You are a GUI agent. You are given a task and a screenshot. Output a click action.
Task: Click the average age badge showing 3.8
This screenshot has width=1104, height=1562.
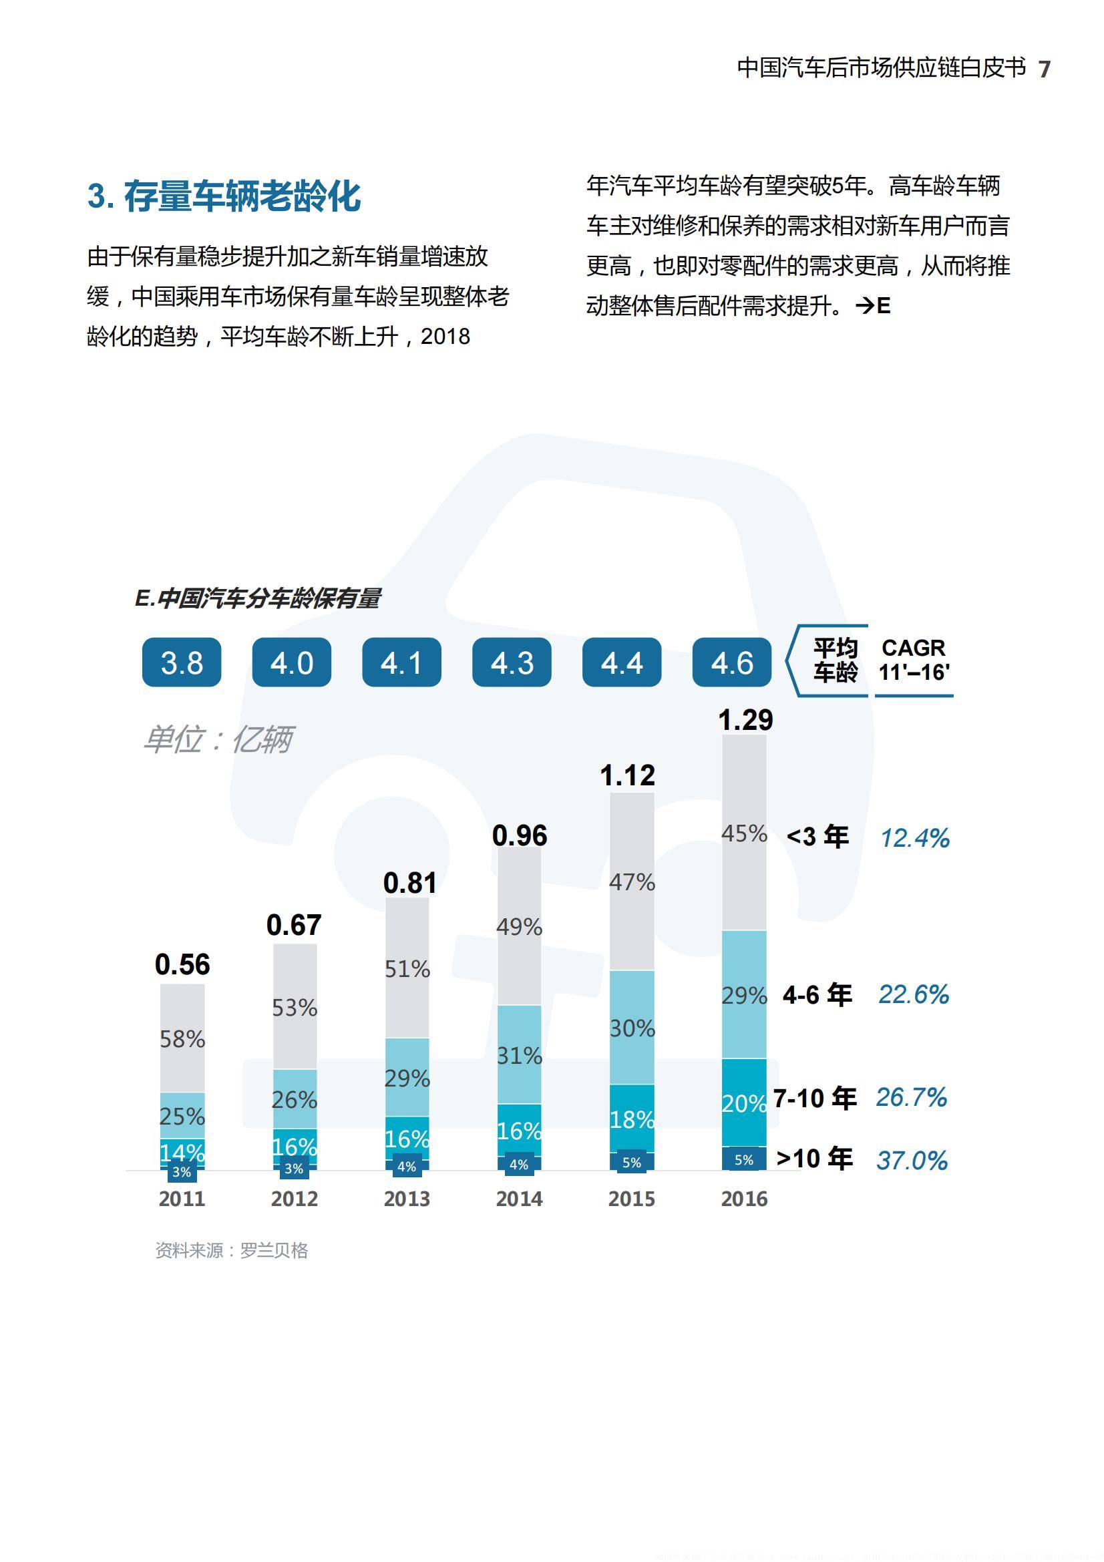(x=182, y=662)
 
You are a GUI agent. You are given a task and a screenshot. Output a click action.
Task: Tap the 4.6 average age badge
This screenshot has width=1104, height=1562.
(x=732, y=662)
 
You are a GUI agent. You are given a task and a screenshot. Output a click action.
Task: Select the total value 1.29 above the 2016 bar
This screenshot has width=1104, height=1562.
(x=745, y=720)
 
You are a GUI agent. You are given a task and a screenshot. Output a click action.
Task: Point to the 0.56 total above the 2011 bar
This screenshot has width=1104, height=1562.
(x=182, y=964)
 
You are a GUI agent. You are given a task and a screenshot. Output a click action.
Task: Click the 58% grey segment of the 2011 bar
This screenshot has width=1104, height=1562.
(x=182, y=1038)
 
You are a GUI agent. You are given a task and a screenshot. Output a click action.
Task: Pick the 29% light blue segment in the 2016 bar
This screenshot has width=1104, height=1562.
(x=744, y=995)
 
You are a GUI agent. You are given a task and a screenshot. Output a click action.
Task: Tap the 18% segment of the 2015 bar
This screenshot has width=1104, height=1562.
(x=632, y=1119)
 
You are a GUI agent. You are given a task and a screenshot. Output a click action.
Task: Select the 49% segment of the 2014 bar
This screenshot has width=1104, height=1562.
(x=519, y=927)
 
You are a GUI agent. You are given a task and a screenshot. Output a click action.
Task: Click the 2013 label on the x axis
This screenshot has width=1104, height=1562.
(x=407, y=1199)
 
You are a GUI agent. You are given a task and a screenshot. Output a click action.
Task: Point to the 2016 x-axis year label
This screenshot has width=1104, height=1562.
(x=744, y=1199)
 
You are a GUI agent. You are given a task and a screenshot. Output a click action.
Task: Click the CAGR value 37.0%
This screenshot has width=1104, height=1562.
(x=912, y=1160)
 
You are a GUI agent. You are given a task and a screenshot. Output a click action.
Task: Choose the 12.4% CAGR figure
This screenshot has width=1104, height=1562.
(x=915, y=838)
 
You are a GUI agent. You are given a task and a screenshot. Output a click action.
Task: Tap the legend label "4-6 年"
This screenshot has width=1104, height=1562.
(x=817, y=994)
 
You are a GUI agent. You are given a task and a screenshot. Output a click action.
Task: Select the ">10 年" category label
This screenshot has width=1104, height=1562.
(x=814, y=1158)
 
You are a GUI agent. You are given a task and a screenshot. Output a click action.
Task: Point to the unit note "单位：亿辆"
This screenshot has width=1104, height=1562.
(x=218, y=739)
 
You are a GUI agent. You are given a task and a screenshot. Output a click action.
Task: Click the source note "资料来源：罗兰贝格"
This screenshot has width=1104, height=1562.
(x=231, y=1250)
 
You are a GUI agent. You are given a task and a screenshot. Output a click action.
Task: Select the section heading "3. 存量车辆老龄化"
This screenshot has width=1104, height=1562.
(x=224, y=196)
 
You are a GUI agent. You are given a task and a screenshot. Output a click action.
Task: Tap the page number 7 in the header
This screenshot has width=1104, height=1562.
(x=1044, y=69)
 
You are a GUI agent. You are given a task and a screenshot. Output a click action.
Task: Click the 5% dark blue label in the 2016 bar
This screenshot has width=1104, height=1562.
(x=744, y=1160)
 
